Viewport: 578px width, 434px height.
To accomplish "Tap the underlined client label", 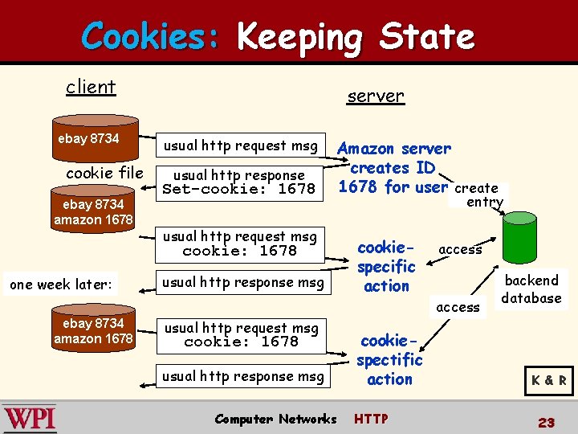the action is tap(91, 87).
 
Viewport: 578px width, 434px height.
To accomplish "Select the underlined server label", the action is tap(376, 96).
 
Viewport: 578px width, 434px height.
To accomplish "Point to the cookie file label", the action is tap(104, 174).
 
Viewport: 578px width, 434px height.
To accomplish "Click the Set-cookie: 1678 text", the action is tap(239, 190).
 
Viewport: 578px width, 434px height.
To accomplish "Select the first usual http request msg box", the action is tap(241, 145).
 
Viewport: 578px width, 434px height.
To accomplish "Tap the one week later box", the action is tap(61, 285).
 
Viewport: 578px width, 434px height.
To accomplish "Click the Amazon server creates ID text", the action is tap(393, 167).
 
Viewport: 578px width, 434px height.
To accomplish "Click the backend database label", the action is tap(531, 289).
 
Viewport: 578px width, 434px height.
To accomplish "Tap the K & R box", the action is tap(548, 380).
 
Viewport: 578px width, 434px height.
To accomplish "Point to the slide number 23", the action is tap(547, 422).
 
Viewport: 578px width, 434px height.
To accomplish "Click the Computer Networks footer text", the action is tap(275, 419).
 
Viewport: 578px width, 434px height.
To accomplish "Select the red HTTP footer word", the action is tap(371, 419).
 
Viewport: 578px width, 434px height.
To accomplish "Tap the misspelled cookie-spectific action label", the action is tap(389, 359).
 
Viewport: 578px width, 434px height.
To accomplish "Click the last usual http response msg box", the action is tap(243, 376).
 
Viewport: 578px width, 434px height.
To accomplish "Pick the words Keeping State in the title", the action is tap(356, 37).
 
